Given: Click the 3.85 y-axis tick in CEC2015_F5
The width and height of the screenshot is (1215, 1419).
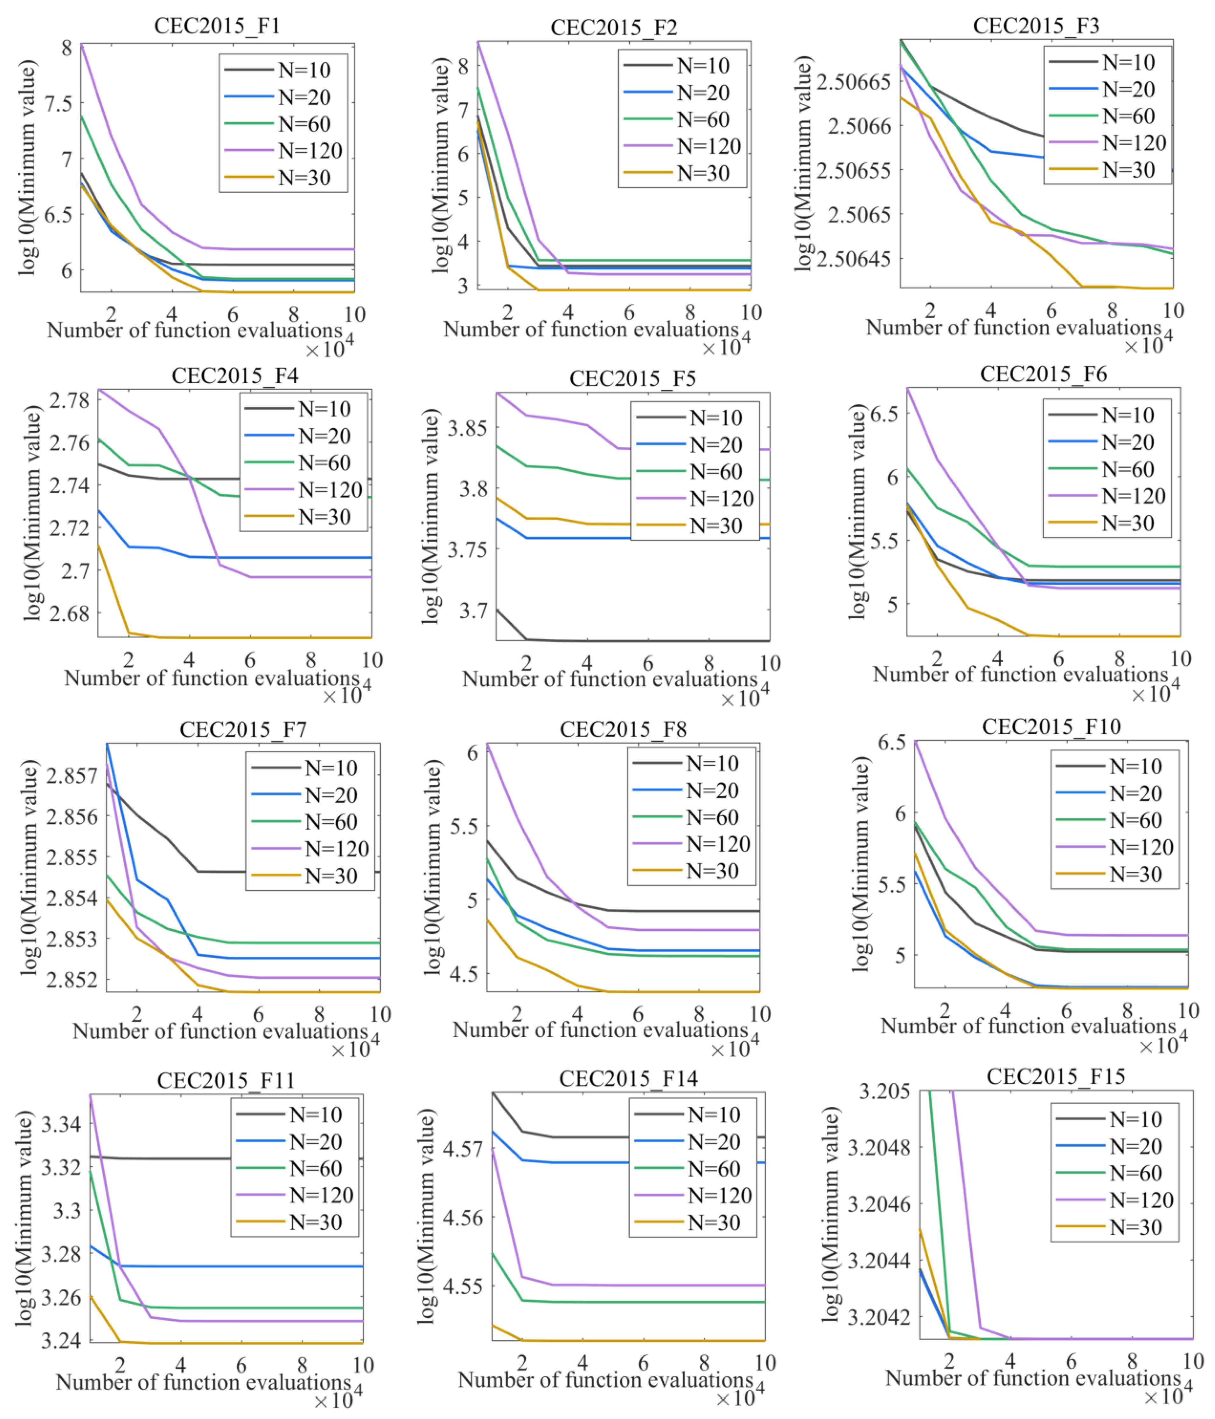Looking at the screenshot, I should click(x=468, y=429).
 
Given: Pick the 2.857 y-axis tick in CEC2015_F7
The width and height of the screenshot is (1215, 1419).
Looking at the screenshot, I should click(x=72, y=776).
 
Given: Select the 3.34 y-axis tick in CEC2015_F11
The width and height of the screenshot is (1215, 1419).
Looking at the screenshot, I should click(x=62, y=1124).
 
